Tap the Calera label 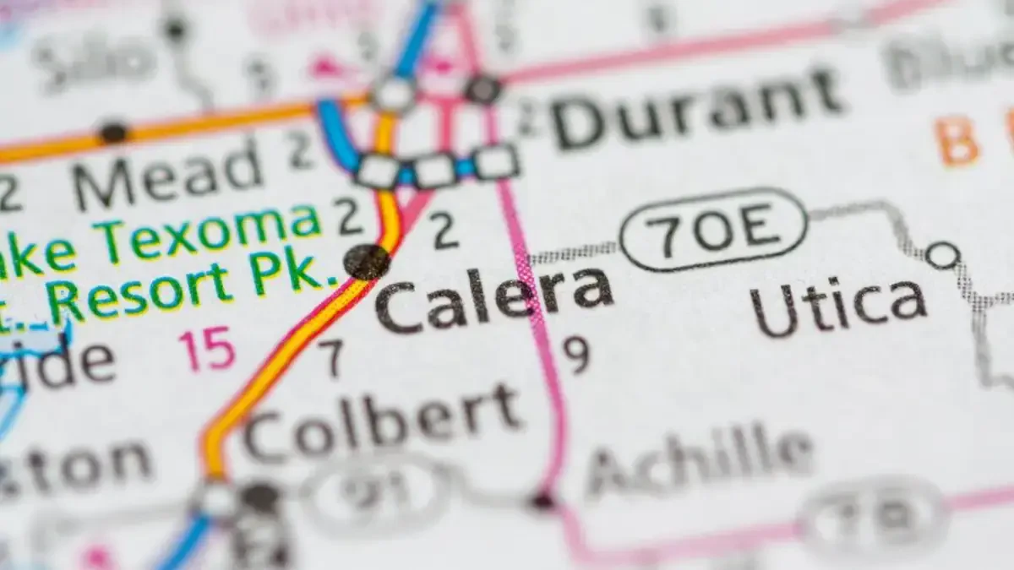494,300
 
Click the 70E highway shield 713,229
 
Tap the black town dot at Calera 368,261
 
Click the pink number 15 206,349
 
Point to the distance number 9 576,356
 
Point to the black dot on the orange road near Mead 113,133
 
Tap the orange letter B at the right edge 958,141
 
